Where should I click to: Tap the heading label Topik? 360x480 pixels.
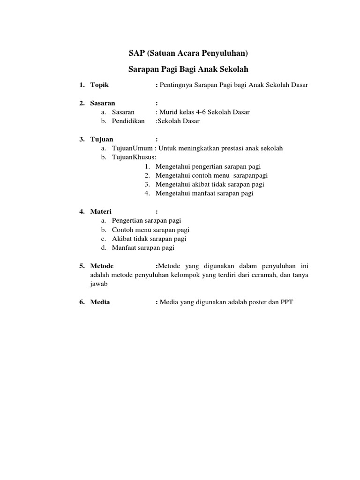(x=99, y=85)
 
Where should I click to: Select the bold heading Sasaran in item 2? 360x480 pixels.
(x=103, y=103)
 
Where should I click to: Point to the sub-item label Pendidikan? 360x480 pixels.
(x=128, y=121)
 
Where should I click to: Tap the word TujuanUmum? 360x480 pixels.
(x=129, y=148)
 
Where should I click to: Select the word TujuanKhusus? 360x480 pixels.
(x=133, y=157)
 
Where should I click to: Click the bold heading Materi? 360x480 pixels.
(x=101, y=211)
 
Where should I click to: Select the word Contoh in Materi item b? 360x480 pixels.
(x=122, y=230)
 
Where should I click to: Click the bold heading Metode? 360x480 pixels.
(x=102, y=266)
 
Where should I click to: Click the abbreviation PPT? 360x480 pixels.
(x=286, y=302)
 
